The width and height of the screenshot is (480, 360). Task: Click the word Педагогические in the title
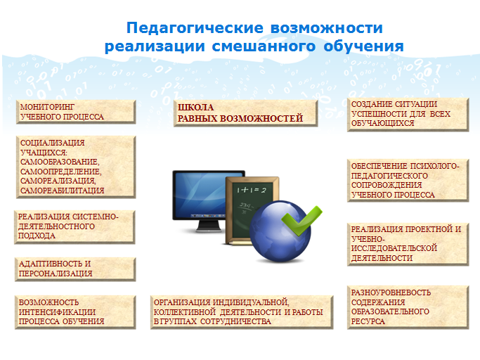click(195, 29)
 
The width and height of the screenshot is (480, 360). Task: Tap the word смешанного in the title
click(264, 46)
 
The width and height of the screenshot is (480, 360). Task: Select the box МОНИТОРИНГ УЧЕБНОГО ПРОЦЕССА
click(76, 112)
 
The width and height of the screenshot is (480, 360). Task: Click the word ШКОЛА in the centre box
click(195, 108)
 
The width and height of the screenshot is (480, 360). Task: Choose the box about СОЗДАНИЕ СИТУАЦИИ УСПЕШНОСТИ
click(408, 115)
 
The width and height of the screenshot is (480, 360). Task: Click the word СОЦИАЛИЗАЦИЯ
click(52, 143)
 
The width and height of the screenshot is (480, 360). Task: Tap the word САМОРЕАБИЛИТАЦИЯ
click(62, 191)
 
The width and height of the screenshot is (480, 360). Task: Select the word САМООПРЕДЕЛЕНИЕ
click(60, 172)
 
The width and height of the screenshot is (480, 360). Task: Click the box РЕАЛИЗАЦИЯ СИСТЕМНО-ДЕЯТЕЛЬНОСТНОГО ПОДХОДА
click(74, 227)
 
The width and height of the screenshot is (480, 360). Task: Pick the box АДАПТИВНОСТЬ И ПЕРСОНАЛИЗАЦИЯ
click(75, 269)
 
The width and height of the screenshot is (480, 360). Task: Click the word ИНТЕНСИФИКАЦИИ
click(57, 312)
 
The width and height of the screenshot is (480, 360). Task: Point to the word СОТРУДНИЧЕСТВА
click(235, 321)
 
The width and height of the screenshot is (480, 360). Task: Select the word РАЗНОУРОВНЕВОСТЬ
click(391, 292)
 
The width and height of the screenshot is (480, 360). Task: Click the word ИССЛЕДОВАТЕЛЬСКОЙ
click(394, 248)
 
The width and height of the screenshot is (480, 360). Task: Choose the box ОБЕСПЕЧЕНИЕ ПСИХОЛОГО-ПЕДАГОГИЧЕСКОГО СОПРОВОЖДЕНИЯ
click(408, 181)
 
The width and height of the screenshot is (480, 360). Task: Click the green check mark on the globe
click(301, 220)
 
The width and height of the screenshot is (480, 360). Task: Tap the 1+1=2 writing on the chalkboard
click(252, 191)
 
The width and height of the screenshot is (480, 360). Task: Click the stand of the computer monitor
click(209, 226)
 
